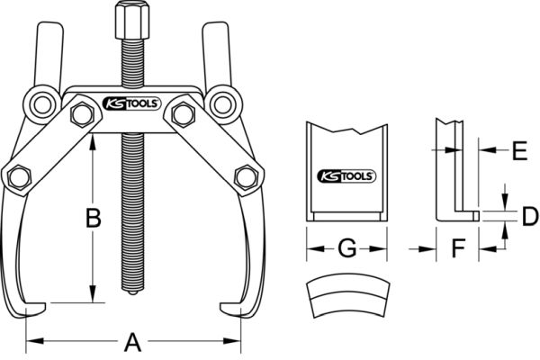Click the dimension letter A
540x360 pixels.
pos(132,342)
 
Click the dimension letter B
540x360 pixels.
pos(93,218)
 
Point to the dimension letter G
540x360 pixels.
pos(346,248)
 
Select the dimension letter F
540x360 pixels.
pos(458,248)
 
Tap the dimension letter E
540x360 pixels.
pos(519,150)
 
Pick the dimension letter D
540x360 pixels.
pos(530,216)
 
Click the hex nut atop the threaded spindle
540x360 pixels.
pos(132,20)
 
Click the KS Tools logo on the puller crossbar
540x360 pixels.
pos(132,103)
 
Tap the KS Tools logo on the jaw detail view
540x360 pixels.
pos(346,176)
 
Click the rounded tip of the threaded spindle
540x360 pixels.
pos(133,292)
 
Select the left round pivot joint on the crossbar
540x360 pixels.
pos(42,104)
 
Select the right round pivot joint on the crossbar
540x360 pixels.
pos(223,104)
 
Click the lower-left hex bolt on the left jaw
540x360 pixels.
pos(20,177)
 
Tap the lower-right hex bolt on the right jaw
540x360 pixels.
pos(247,177)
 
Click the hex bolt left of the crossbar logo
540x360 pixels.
pos(82,114)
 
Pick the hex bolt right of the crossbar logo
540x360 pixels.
pos(184,114)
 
